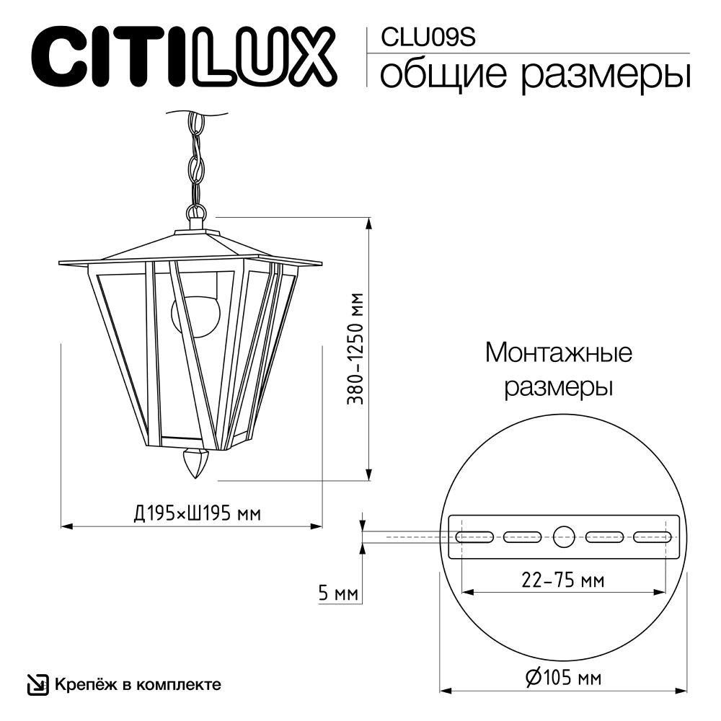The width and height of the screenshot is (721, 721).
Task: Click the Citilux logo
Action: tap(181, 55)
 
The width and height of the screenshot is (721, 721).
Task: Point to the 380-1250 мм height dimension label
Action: tap(354, 348)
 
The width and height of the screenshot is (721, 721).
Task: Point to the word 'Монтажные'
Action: tap(558, 353)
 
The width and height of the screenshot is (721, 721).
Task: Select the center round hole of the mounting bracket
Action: tap(564, 536)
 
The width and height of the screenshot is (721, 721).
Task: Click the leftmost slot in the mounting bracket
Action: tap(474, 536)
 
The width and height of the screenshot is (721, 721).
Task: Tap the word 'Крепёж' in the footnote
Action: tap(79, 683)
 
